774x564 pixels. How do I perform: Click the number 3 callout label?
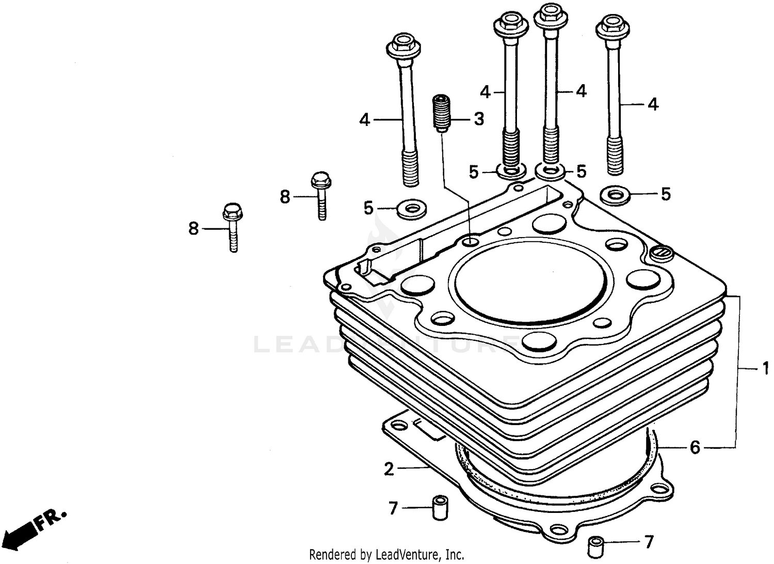pos(479,119)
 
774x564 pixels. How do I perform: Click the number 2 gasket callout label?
pos(389,469)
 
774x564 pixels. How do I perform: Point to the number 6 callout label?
pos(695,447)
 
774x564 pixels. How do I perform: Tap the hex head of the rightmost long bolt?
pos(611,26)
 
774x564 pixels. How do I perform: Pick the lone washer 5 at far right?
pos(614,195)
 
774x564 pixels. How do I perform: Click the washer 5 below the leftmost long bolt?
pos(411,209)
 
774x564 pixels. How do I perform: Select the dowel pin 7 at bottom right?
pos(596,544)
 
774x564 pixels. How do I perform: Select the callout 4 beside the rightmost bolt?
pos(652,105)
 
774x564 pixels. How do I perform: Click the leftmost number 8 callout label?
pos(193,228)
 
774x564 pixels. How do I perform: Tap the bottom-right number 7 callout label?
pos(648,542)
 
